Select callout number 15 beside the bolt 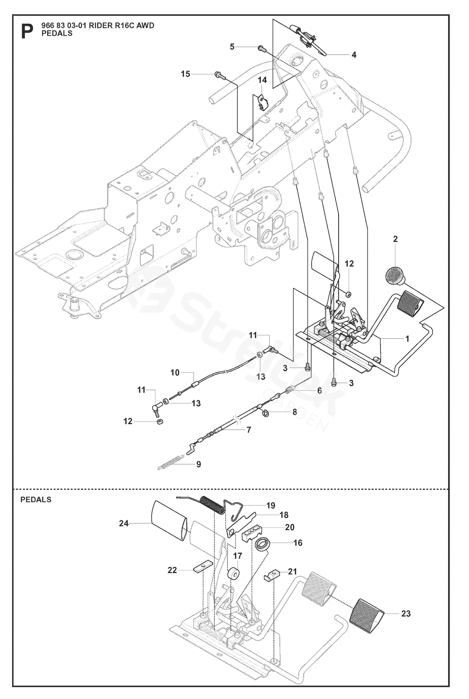click(x=185, y=74)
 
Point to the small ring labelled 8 click(x=265, y=414)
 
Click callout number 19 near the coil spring click(x=271, y=506)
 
